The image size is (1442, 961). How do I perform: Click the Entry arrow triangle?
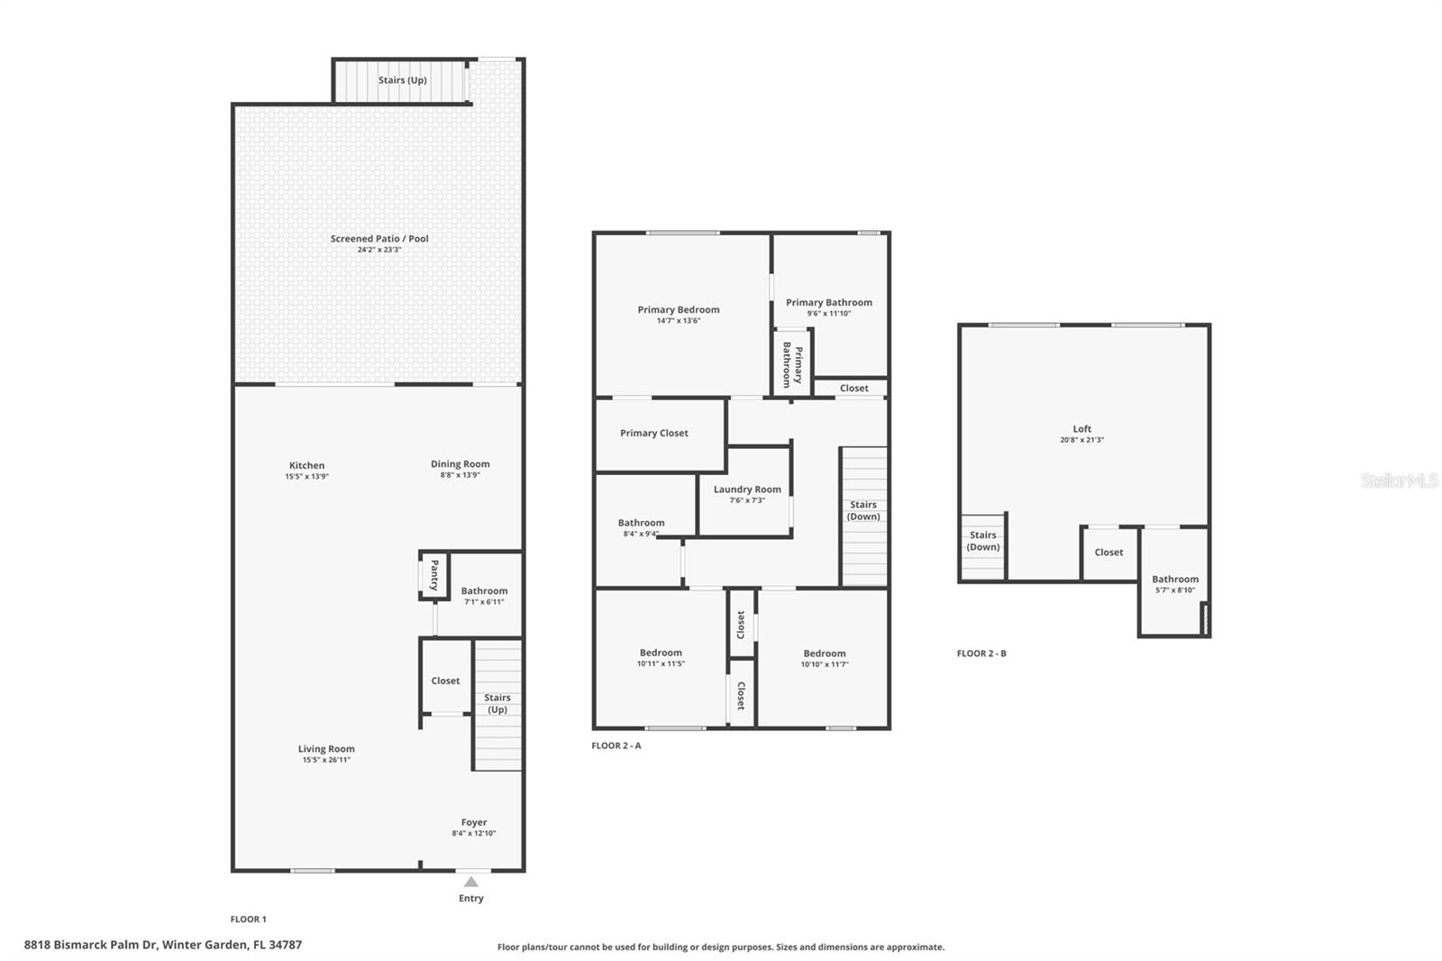click(471, 882)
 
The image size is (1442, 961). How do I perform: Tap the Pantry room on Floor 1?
click(434, 575)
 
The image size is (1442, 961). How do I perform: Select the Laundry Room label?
click(747, 490)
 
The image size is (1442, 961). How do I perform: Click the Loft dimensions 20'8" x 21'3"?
click(1082, 440)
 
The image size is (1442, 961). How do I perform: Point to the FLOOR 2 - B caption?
click(981, 653)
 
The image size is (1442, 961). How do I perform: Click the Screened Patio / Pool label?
click(379, 238)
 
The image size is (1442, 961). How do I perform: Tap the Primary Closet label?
click(654, 433)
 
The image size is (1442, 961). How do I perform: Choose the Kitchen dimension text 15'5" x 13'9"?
click(307, 477)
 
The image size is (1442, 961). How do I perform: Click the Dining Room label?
click(461, 463)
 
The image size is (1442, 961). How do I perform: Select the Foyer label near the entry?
click(474, 822)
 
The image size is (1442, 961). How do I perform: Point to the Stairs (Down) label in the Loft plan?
click(983, 541)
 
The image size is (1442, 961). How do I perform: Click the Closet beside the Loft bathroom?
click(1109, 553)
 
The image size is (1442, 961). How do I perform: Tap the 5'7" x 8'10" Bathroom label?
click(1175, 579)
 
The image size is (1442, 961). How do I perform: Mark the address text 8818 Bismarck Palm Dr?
click(91, 945)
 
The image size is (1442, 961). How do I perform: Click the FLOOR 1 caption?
click(249, 920)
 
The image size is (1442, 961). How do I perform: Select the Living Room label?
click(326, 748)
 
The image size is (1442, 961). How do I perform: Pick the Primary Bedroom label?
click(679, 310)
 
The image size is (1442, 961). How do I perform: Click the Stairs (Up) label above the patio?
click(402, 80)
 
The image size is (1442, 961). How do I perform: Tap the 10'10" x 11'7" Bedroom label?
click(825, 653)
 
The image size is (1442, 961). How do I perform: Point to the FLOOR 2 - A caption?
click(616, 746)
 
